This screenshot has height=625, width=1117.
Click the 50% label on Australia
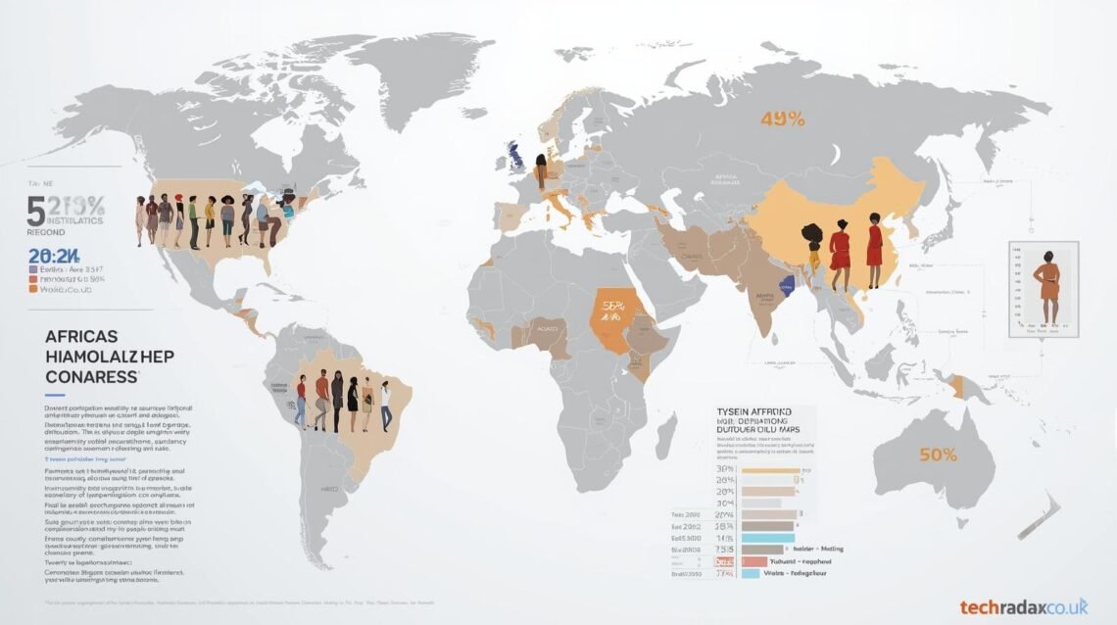pos(939,455)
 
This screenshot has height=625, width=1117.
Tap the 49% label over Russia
pos(782,120)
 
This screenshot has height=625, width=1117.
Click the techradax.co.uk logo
pos(1023,606)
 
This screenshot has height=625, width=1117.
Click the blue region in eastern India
pos(784,287)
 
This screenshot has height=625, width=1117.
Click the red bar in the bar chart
pos(753,561)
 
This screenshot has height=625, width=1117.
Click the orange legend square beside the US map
pos(34,290)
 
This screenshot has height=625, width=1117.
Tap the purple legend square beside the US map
pos(34,266)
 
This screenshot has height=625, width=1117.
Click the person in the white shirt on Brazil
pos(385,405)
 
